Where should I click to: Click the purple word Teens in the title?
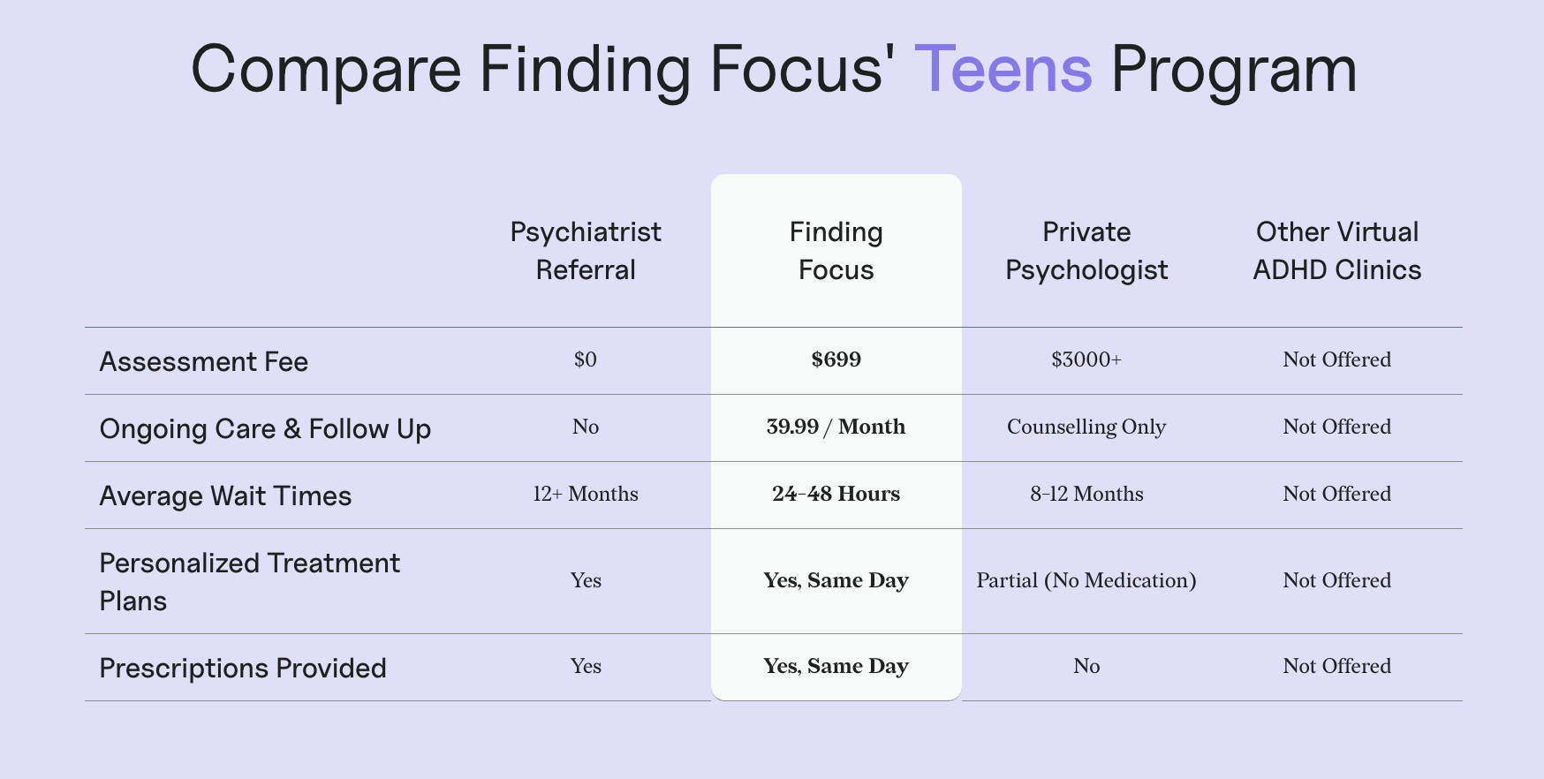[1003, 69]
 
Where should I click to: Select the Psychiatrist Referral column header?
[586, 251]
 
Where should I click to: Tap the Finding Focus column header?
[836, 251]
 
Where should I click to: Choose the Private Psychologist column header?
[1086, 251]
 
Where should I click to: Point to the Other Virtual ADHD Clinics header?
[1337, 251]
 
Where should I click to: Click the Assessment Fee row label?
[204, 361]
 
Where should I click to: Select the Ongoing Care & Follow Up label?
[265, 428]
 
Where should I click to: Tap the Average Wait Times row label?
[225, 495]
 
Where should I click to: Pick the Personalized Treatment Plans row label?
[250, 581]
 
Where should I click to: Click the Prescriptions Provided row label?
[243, 668]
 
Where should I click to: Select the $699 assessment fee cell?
[836, 359]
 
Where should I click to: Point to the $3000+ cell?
[1086, 359]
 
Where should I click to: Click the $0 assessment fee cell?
[586, 359]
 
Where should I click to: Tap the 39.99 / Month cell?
[836, 427]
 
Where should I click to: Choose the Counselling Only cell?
[1086, 427]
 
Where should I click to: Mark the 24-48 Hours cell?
[836, 494]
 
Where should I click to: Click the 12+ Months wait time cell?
[586, 494]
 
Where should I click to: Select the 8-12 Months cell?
[1086, 494]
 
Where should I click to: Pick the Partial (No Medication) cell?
[1086, 580]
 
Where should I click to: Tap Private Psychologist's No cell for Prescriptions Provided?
[1086, 666]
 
